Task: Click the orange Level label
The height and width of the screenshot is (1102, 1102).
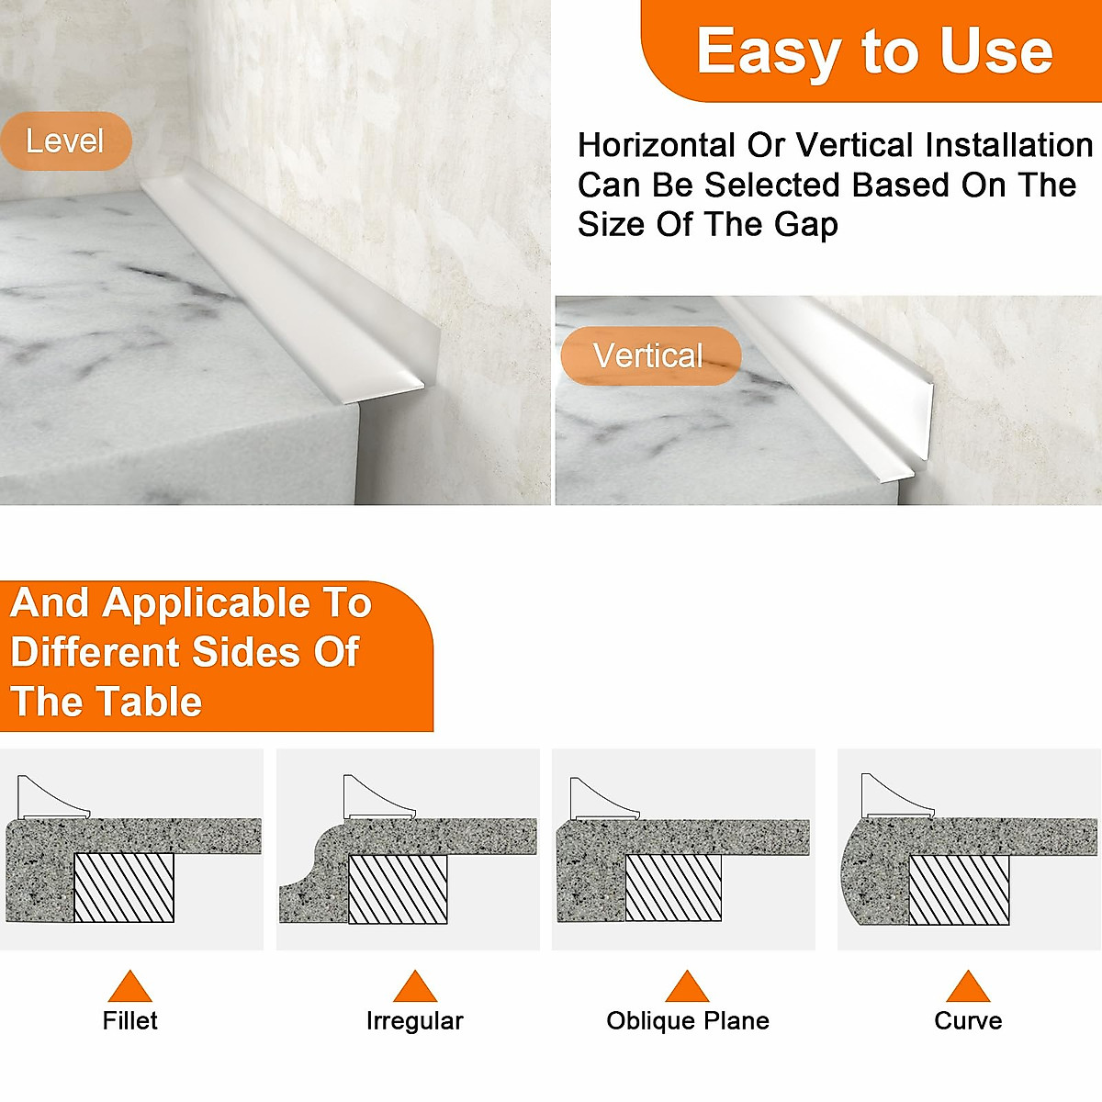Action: [65, 141]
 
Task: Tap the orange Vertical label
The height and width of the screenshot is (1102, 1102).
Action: [649, 355]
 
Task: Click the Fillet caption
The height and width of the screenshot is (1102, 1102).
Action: [129, 1020]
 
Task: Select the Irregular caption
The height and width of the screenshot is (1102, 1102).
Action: [414, 1020]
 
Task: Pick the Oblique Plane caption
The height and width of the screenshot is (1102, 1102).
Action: [688, 1020]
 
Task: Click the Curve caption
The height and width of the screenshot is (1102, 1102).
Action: [968, 1020]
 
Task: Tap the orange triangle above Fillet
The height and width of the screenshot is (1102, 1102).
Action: [129, 987]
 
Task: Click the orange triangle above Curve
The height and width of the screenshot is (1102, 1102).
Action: [968, 987]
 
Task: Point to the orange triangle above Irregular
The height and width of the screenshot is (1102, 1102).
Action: [414, 987]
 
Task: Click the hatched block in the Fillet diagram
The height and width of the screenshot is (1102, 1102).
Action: [123, 888]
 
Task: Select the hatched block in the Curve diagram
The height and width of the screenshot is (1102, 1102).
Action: [959, 890]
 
